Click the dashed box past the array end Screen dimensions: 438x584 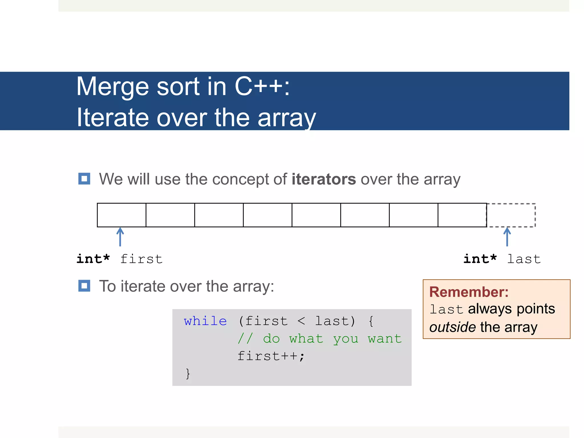tap(511, 215)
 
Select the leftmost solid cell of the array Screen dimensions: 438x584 tap(121, 215)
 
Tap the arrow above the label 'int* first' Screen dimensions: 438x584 tap(120, 237)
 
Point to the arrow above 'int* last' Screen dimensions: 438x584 tap(507, 237)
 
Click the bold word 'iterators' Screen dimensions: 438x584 tap(324, 179)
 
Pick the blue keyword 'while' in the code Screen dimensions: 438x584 tap(205, 321)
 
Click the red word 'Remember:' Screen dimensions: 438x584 tap(469, 292)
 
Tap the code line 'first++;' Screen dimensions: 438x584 tap(271, 356)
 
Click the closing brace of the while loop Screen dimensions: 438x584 tap(188, 374)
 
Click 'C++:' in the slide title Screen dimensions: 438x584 tap(262, 86)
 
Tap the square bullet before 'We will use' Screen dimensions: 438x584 tap(84, 179)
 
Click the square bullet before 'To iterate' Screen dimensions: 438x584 tap(84, 286)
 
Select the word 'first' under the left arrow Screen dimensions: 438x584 tap(141, 259)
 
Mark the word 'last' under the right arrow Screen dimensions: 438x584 tap(524, 259)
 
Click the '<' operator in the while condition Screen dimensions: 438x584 tap(301, 321)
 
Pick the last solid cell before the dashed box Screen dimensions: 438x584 tap(462, 215)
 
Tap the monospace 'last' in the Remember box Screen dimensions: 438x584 tap(446, 310)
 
